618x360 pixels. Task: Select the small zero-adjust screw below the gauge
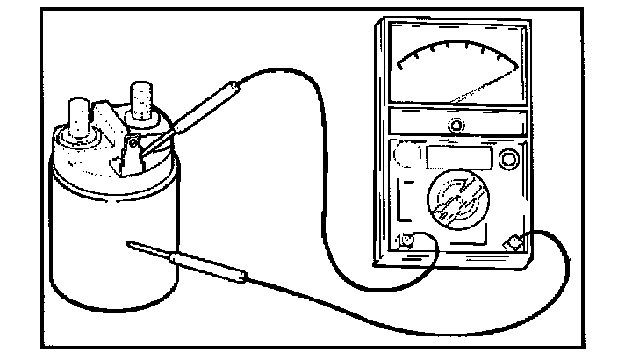tap(456, 126)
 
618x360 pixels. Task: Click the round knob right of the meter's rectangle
tap(507, 159)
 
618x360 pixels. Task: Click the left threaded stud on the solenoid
tap(77, 117)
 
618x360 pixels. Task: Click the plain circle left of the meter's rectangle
tap(406, 156)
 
